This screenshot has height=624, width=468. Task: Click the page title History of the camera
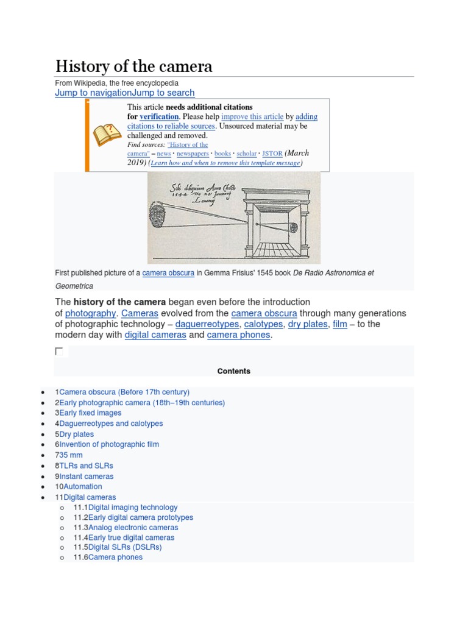(x=133, y=66)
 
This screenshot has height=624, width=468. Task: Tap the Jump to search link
(x=163, y=93)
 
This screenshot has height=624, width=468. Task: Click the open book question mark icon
(x=105, y=133)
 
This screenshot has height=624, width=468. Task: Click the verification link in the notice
(x=159, y=116)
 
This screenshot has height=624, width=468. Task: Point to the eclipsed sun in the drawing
(x=158, y=215)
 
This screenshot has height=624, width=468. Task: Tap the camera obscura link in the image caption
(x=168, y=273)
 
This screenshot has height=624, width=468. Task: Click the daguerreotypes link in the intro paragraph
(x=207, y=324)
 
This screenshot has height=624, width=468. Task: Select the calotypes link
(x=263, y=324)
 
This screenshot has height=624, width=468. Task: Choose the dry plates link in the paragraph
(x=307, y=324)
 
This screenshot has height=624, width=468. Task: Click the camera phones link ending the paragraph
(x=238, y=335)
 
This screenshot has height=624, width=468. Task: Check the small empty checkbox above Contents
(x=59, y=352)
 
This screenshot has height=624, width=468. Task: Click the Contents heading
(x=233, y=371)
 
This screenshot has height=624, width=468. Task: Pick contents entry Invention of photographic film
(x=109, y=445)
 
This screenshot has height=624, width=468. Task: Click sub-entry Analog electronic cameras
(x=133, y=528)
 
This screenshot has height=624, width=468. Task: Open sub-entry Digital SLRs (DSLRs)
(x=125, y=547)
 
